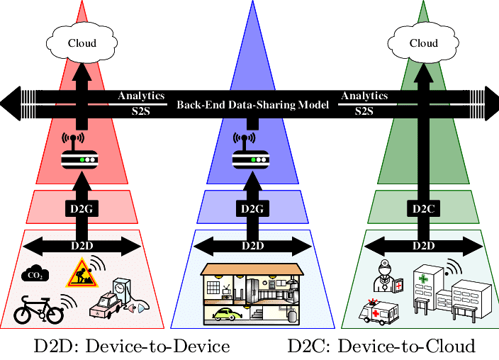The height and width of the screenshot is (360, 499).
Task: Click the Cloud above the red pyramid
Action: (82, 43)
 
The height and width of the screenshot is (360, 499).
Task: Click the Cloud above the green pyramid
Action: (423, 43)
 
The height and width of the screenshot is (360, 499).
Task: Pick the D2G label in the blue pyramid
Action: (252, 208)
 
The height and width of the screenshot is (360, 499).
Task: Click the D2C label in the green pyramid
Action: (423, 208)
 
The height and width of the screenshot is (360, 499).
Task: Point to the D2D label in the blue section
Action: (252, 246)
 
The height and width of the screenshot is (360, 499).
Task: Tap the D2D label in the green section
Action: (423, 246)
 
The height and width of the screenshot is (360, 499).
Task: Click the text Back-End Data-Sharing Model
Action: (252, 105)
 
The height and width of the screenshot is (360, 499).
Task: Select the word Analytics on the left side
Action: (141, 96)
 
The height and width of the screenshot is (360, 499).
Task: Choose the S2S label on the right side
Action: (364, 111)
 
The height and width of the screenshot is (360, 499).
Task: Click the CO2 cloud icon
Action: (34, 276)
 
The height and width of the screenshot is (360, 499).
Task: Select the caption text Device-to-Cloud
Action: (404, 347)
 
